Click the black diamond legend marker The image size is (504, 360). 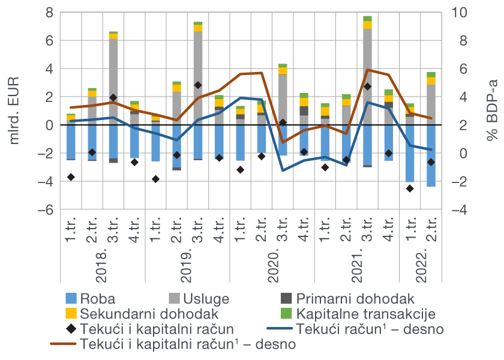coord(71,329)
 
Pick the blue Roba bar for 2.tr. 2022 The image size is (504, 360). coord(431,156)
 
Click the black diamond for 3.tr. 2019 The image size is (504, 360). coord(197,85)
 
